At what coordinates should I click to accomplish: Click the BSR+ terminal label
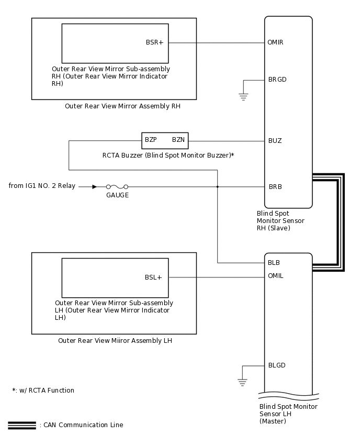tap(154, 43)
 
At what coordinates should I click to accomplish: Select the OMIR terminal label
tap(275, 42)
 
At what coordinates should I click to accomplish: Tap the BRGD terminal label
tap(277, 80)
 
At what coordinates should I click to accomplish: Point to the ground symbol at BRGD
tap(243, 96)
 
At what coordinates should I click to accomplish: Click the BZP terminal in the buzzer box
tap(151, 140)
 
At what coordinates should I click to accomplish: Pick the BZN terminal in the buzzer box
tap(178, 140)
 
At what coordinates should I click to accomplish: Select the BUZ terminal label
tap(275, 141)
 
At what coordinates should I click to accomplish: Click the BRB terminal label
tap(275, 186)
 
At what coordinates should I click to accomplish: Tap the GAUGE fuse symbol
tap(117, 186)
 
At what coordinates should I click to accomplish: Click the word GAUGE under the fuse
tap(117, 195)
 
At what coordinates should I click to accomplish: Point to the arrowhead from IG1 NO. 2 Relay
tap(94, 186)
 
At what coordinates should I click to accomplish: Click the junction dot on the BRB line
tap(217, 186)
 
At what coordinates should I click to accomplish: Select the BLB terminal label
tap(274, 263)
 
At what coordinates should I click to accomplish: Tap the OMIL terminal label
tap(275, 276)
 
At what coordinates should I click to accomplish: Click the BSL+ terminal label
tap(153, 277)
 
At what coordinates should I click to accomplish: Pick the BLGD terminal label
tap(277, 365)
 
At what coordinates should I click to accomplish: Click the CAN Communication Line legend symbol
tap(22, 425)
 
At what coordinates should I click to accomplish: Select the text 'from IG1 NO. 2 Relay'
tap(41, 186)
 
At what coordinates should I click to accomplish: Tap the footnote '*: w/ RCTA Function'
tap(43, 391)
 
